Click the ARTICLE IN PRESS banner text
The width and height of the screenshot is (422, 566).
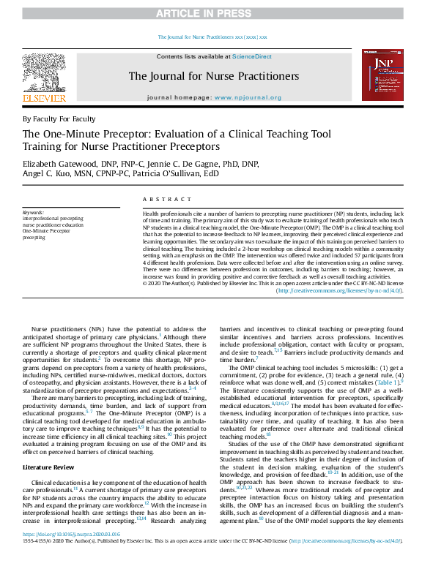point(212,13)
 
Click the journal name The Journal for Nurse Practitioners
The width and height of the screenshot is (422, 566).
point(213,76)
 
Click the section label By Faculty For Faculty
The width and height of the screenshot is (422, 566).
point(59,119)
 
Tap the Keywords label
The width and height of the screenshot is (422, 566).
point(34,212)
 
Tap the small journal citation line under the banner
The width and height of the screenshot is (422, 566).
point(212,37)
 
